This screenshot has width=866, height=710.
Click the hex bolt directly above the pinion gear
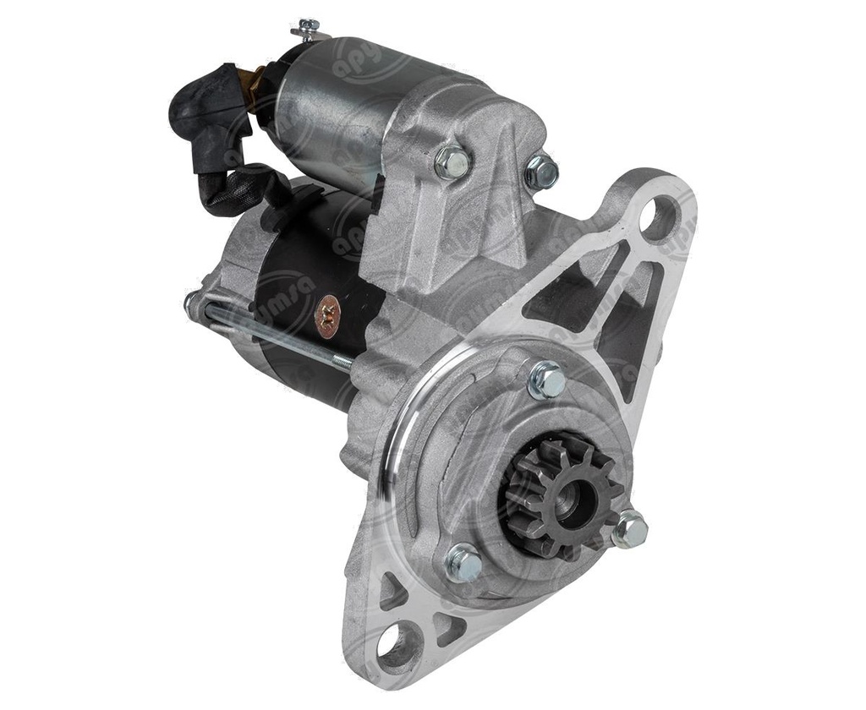547,380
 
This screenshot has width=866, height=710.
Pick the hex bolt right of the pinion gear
629,530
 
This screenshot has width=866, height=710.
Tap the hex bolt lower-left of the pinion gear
463,562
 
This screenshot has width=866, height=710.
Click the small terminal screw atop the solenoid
308,29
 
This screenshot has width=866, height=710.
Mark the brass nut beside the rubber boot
248,80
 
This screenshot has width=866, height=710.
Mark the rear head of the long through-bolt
192,303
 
